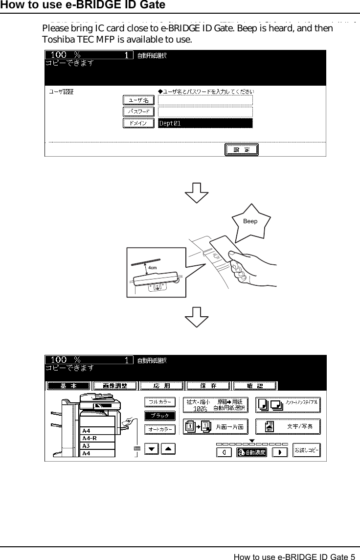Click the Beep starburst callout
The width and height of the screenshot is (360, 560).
pos(250,221)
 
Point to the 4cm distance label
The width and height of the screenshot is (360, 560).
pos(152,268)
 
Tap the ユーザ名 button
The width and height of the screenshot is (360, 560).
pos(138,100)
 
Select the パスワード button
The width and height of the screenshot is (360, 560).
pos(138,112)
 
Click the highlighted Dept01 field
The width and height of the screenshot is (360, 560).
pos(205,123)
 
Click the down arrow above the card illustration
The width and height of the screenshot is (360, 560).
pos(197,191)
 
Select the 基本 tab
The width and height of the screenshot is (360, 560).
pos(68,386)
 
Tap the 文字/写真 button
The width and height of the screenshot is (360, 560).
pos(288,426)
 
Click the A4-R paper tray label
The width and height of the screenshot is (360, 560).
pos(90,438)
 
